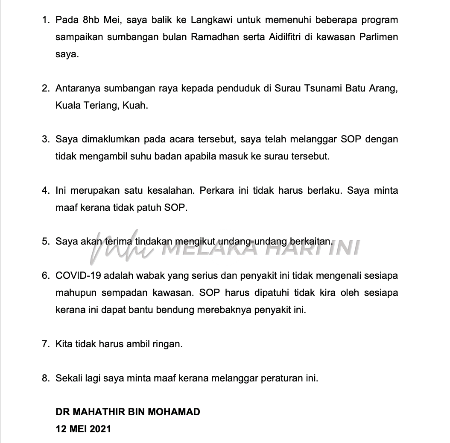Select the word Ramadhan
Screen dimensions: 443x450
[213, 37]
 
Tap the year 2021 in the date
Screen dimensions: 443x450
[101, 428]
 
